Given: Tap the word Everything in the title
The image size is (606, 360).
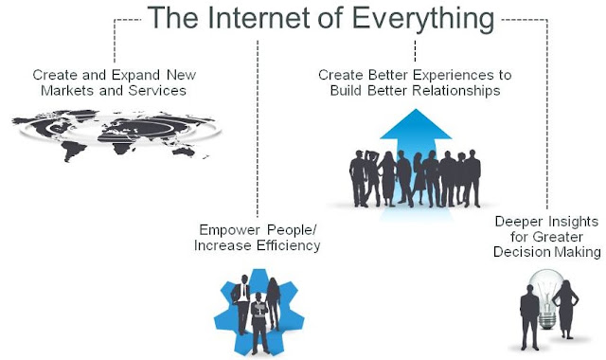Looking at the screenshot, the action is click(423, 19).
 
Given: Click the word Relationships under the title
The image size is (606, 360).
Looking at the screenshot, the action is click(456, 92).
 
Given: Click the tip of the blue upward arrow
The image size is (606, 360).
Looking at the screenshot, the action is click(416, 109).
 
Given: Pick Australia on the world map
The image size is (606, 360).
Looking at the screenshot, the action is click(183, 152).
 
